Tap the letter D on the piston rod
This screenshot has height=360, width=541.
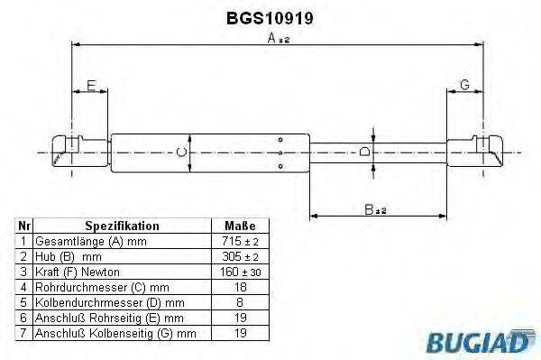365,152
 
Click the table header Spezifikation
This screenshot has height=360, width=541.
122,226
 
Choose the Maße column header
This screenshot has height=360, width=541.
240,226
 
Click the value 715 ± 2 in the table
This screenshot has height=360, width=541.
240,242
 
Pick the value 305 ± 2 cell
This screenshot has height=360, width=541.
240,257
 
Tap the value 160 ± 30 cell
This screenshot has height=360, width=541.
240,272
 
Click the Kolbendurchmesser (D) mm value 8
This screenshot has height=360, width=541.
240,302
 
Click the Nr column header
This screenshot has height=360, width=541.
24,226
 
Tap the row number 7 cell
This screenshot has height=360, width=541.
24,333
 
